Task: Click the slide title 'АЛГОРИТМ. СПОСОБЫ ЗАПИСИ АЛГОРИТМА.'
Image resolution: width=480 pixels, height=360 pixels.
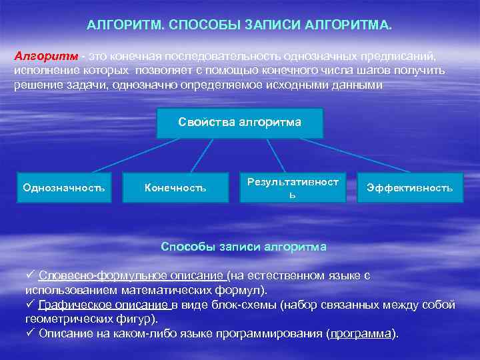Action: click(x=240, y=25)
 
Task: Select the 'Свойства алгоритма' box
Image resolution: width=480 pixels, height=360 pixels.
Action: click(x=239, y=123)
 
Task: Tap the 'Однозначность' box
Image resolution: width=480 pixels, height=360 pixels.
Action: click(x=64, y=188)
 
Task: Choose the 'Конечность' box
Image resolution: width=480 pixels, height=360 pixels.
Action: click(x=175, y=188)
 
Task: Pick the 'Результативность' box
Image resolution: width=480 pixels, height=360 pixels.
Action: click(x=293, y=188)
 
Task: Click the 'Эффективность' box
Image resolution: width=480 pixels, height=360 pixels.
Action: click(x=409, y=188)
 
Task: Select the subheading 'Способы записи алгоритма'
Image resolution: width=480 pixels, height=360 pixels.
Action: click(x=244, y=247)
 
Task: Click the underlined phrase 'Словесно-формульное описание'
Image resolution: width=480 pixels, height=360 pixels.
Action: click(x=131, y=276)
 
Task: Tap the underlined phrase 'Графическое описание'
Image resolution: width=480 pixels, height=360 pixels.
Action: click(x=104, y=305)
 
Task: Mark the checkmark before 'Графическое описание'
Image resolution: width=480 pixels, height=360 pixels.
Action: click(x=29, y=305)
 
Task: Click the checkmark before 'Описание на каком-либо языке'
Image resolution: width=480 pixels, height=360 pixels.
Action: click(x=29, y=333)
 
